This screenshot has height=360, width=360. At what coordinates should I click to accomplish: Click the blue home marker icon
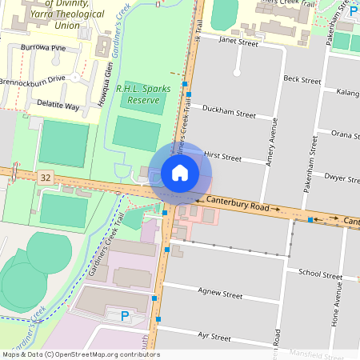[180, 172]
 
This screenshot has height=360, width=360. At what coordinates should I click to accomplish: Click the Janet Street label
[238, 42]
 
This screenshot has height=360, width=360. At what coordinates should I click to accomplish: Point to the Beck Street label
[302, 79]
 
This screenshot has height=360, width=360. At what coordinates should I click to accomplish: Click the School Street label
[320, 274]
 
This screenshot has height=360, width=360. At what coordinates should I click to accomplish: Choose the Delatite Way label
[61, 106]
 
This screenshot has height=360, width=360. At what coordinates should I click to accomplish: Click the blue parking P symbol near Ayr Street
[124, 317]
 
